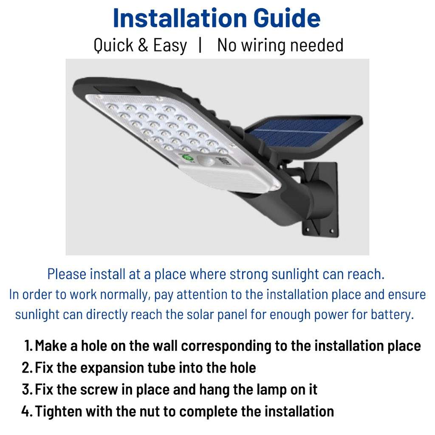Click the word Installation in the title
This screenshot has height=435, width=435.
tap(179, 18)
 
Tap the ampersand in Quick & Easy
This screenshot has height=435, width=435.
tap(143, 45)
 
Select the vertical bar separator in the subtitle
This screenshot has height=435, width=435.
tap(200, 45)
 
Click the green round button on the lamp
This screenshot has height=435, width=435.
tap(188, 158)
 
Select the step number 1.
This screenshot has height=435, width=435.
tap(28, 346)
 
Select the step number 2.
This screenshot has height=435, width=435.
tap(27, 367)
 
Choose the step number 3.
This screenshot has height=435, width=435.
tap(27, 389)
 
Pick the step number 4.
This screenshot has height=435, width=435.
tap(27, 411)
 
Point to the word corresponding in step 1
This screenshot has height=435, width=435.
tap(226, 346)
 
